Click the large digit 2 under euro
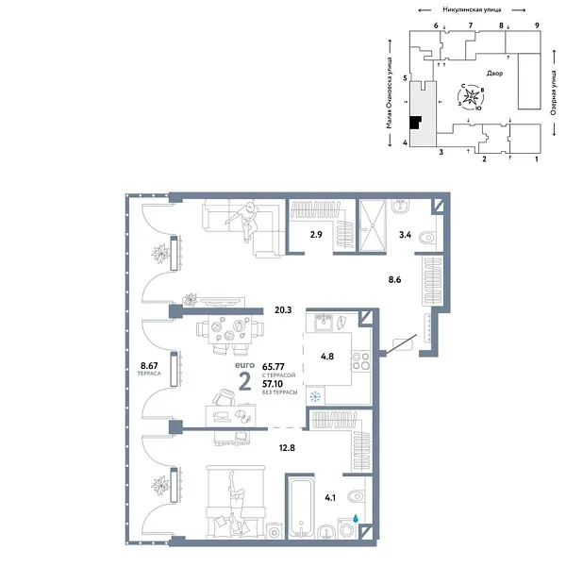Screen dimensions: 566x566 [244, 381]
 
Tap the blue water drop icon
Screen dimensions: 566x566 [355, 518]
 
